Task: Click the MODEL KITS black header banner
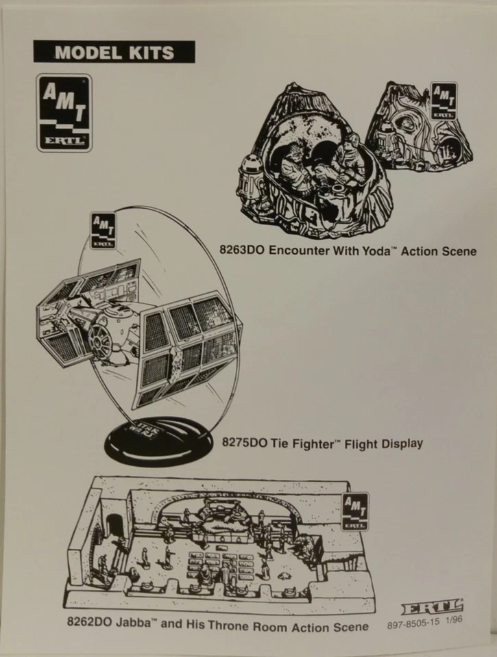[114, 52]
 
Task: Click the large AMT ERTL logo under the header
[63, 113]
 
